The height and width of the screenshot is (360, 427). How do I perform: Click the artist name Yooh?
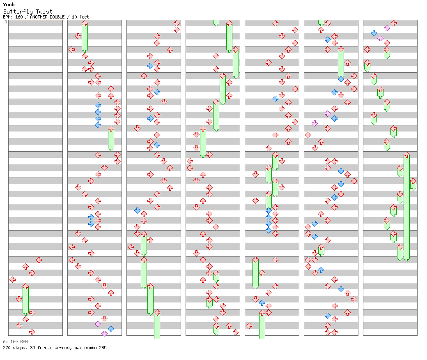click(x=9, y=5)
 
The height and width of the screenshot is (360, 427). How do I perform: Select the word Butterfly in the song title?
click(x=18, y=12)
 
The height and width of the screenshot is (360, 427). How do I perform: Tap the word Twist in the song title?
click(x=44, y=12)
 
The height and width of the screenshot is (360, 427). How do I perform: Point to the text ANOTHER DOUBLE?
click(x=47, y=17)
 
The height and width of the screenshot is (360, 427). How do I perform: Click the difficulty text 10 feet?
click(x=80, y=17)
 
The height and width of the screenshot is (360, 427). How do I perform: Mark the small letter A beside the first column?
click(x=6, y=22)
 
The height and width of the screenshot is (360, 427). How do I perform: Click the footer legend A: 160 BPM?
click(x=15, y=342)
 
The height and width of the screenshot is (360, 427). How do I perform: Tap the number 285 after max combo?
click(x=103, y=348)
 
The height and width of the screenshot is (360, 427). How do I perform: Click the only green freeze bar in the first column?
click(x=25, y=300)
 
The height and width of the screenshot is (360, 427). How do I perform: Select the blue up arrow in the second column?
click(x=111, y=329)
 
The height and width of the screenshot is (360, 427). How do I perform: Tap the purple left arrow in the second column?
click(x=98, y=324)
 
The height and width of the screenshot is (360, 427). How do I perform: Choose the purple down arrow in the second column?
click(x=104, y=334)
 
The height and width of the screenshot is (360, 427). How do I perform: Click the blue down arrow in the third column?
click(x=137, y=210)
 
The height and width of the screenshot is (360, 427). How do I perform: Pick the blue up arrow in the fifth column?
click(x=262, y=302)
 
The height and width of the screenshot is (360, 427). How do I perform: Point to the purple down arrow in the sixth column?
click(x=315, y=123)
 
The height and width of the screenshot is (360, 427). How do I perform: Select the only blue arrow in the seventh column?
click(x=374, y=33)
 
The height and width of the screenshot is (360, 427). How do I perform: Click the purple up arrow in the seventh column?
click(x=381, y=38)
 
